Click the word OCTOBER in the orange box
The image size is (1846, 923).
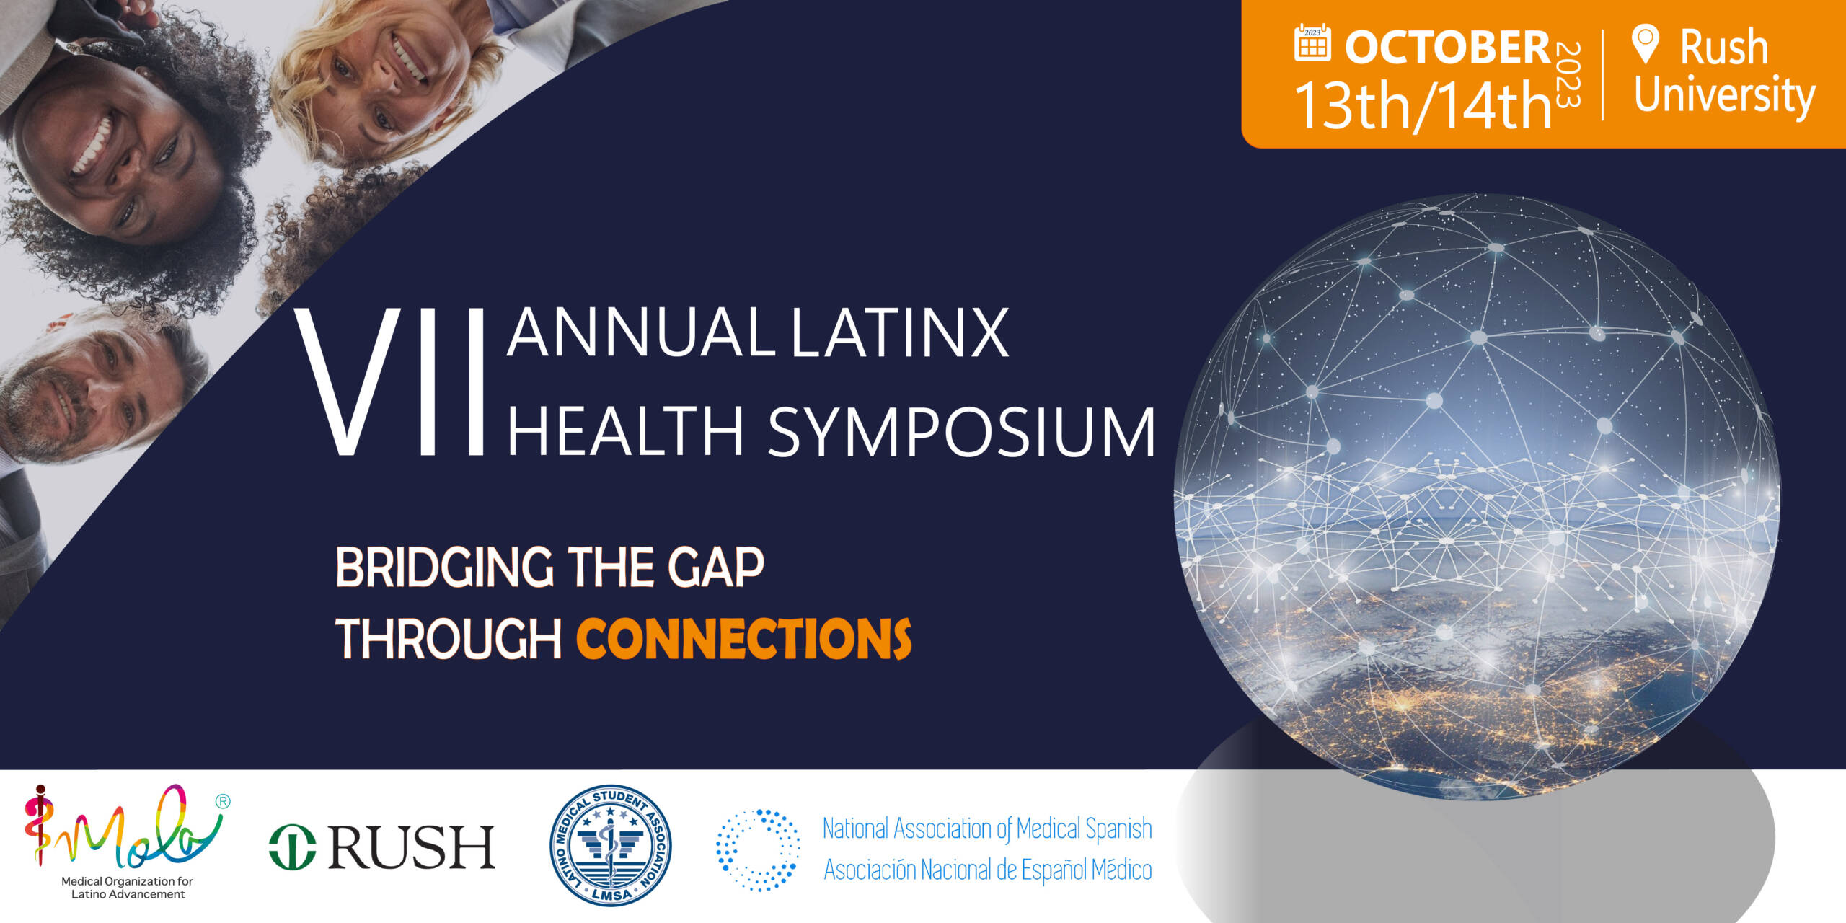[1447, 47]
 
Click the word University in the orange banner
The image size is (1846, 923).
[1723, 96]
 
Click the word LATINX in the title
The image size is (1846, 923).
[899, 333]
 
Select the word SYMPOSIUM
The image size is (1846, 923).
[961, 432]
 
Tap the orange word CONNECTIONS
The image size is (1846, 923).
[743, 639]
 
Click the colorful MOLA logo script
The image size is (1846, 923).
[123, 829]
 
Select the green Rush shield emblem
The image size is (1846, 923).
[292, 847]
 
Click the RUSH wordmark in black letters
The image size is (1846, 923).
[411, 847]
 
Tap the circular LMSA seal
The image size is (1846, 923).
[611, 845]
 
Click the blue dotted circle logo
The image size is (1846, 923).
[758, 849]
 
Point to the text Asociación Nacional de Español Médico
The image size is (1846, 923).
[987, 870]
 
